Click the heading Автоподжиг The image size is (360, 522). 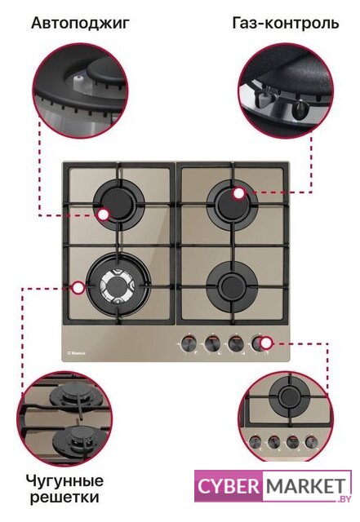point(80,24)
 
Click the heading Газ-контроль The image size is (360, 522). point(286,24)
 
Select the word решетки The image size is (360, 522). point(64,498)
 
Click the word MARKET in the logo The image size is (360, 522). point(305,487)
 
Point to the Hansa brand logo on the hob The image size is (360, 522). point(77,353)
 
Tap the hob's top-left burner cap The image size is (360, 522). point(118,204)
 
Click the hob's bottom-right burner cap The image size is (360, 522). point(233,286)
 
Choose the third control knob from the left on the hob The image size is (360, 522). point(235,343)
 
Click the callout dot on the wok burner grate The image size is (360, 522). point(78,288)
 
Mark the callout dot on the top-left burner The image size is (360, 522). point(103,215)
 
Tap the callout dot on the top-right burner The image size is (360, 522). point(238,193)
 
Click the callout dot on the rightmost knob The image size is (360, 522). point(266,343)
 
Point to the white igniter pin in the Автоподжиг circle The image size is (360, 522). point(78,80)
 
